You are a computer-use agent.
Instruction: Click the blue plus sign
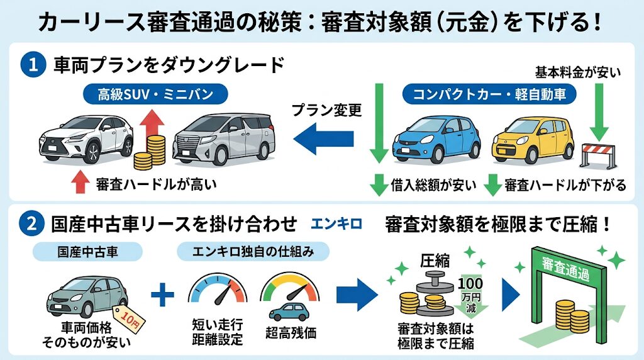pos(163,294)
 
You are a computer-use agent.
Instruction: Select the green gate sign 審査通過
pos(564,264)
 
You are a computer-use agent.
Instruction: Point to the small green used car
pos(87,299)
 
